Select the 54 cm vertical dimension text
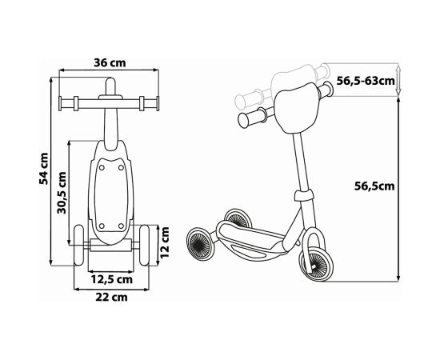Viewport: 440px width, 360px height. click(46, 169)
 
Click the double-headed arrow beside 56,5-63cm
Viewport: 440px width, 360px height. click(400, 80)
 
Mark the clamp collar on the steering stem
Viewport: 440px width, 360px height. click(302, 196)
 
